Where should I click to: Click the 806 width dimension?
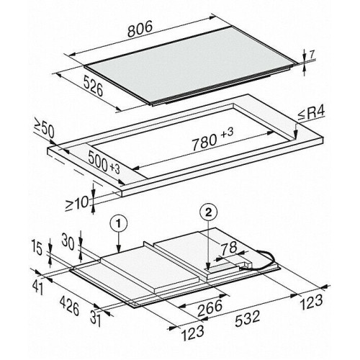point(140,29)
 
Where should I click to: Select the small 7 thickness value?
point(312,55)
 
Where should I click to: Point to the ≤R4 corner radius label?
point(311,114)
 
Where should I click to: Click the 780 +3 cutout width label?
point(212,139)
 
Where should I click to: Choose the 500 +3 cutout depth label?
point(104,161)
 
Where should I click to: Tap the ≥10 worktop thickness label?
point(77,204)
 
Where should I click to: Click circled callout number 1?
point(118,225)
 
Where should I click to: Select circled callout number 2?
point(208,212)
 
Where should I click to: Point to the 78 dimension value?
point(228,248)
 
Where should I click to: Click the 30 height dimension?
point(68,241)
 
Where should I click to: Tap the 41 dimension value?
point(38,287)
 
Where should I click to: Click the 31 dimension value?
point(96,318)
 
